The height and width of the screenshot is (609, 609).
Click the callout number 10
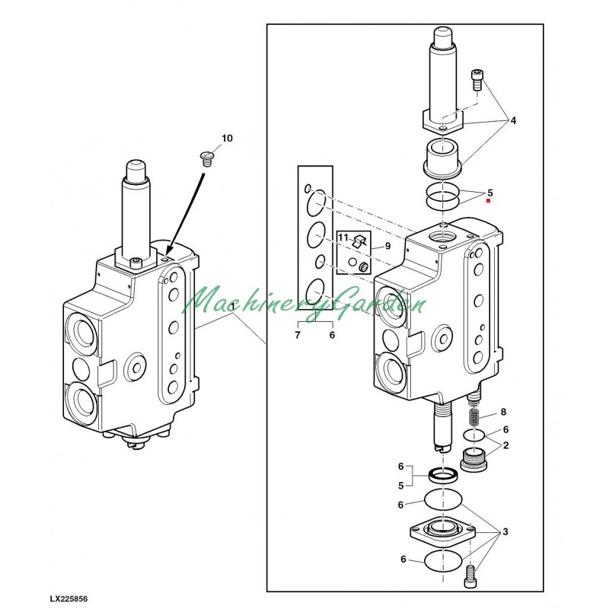[227, 139]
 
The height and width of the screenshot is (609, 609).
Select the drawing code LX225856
[69, 598]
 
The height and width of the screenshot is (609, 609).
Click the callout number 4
[513, 121]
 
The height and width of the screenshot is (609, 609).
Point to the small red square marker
[489, 201]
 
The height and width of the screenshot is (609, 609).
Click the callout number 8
[503, 412]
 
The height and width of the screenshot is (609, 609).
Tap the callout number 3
[505, 531]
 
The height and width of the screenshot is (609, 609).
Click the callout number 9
[387, 246]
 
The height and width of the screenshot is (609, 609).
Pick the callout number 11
[343, 238]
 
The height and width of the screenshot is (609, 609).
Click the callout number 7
[298, 335]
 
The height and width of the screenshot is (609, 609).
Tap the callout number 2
[505, 445]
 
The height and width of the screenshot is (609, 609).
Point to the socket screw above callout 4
[477, 79]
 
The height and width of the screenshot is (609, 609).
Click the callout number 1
[232, 307]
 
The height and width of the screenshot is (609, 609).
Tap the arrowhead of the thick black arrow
[169, 253]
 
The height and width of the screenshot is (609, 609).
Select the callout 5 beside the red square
[490, 193]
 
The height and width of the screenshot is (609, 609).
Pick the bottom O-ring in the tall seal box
[315, 291]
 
